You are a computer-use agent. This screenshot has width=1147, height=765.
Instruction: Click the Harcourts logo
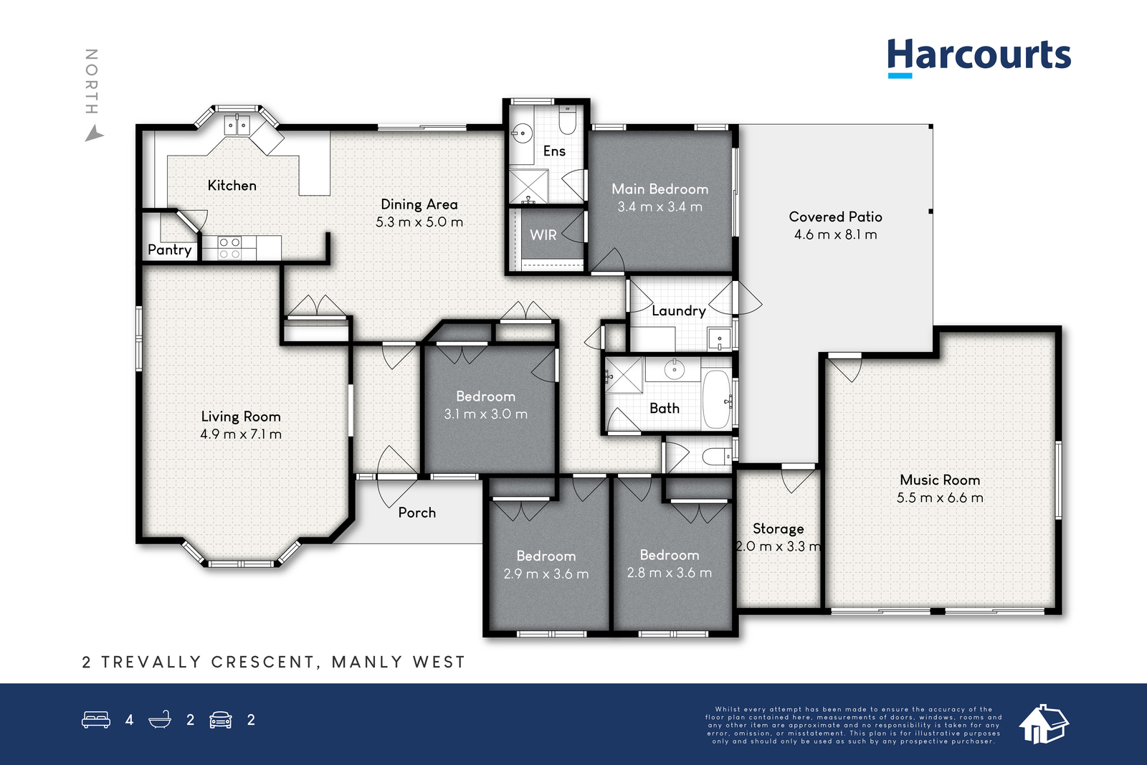tap(979, 58)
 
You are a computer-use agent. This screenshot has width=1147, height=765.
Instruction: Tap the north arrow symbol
tap(94, 134)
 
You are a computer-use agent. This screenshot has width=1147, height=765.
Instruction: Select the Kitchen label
tap(232, 186)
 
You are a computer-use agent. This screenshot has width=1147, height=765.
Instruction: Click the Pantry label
tap(169, 250)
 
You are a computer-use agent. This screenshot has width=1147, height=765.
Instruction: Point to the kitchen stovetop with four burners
tap(229, 248)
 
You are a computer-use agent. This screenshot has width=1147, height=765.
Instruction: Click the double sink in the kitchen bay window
tap(237, 125)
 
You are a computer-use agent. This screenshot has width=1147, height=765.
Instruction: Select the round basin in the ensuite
tap(521, 133)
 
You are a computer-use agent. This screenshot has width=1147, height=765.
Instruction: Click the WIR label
tap(543, 235)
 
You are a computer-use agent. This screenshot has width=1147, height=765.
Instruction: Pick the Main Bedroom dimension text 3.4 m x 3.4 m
tap(660, 207)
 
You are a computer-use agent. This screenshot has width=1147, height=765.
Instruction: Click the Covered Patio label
tap(835, 217)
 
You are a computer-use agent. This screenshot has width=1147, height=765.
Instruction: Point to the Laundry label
tap(678, 311)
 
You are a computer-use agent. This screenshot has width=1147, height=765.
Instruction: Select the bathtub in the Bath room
tap(716, 399)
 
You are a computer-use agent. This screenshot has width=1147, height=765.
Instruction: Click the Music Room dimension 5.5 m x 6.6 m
tap(940, 498)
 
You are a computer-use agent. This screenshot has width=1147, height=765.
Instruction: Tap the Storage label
tap(779, 528)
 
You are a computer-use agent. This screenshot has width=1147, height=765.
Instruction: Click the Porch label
tap(417, 513)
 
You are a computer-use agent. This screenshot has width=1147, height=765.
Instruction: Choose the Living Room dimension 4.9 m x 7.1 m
tap(241, 434)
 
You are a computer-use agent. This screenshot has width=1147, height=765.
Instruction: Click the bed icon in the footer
tap(96, 719)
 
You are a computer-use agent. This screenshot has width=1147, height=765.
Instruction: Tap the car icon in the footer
tap(221, 720)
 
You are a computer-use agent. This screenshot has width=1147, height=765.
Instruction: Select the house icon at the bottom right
tap(1044, 724)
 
